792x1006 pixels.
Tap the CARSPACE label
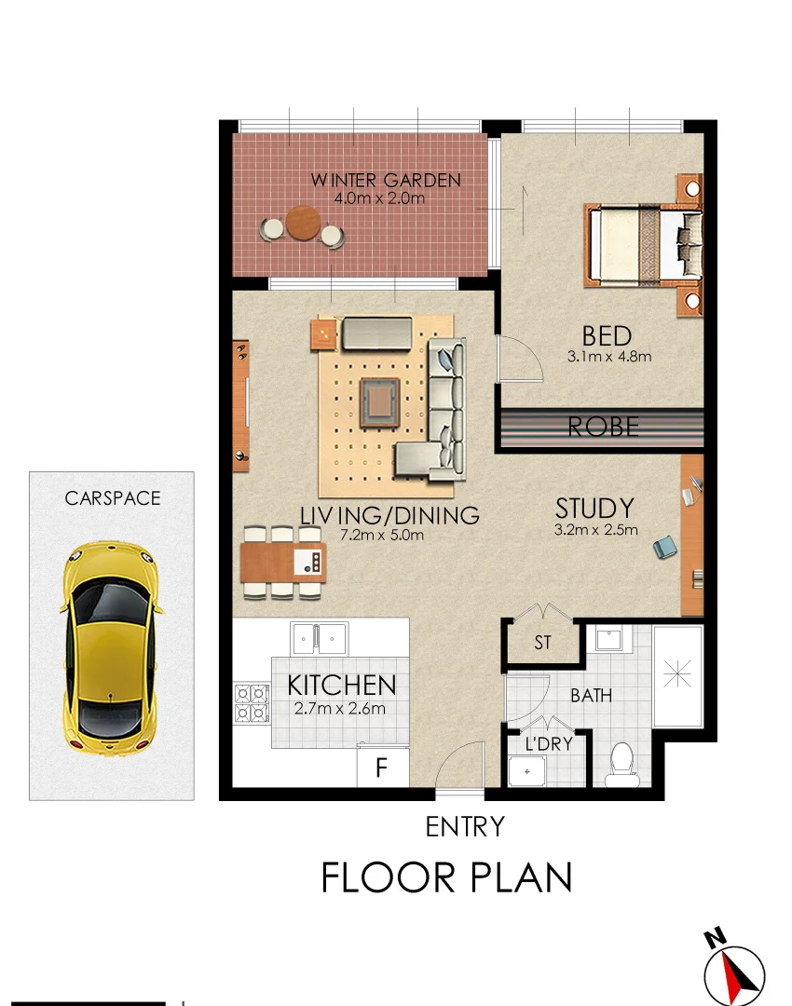click(x=113, y=498)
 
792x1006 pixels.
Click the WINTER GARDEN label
click(x=386, y=180)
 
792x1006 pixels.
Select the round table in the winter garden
click(x=303, y=224)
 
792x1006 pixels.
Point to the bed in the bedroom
click(x=643, y=245)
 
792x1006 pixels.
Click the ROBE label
click(x=604, y=427)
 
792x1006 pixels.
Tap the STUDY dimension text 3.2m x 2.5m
click(x=595, y=531)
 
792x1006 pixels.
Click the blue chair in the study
click(x=665, y=548)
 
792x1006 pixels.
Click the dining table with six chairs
click(x=284, y=563)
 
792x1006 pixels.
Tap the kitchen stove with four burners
click(x=251, y=703)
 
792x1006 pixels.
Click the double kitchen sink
click(x=319, y=638)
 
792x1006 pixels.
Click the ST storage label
click(x=542, y=643)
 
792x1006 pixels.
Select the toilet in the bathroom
click(x=619, y=764)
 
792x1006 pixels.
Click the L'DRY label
click(x=548, y=744)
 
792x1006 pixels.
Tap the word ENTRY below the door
click(x=464, y=826)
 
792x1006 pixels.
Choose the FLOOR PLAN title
click(x=446, y=877)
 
